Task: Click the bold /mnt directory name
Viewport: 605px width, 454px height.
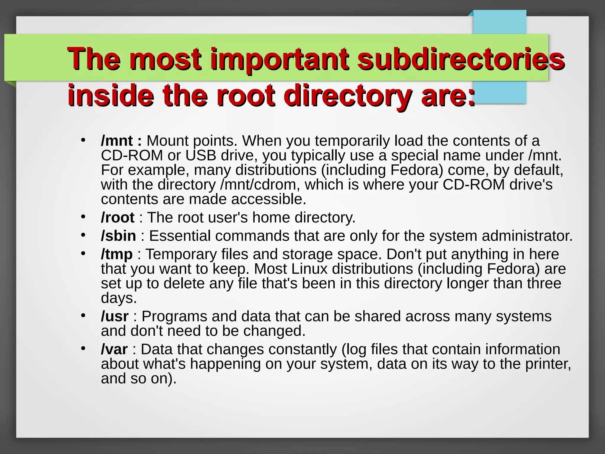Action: click(117, 141)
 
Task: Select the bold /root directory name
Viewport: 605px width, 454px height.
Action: click(118, 218)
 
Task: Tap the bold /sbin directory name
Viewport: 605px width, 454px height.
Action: click(118, 236)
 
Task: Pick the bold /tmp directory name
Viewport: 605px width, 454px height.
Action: click(117, 254)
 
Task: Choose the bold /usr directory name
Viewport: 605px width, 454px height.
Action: click(115, 317)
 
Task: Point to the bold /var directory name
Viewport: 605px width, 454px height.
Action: click(114, 349)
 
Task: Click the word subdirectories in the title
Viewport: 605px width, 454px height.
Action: click(461, 59)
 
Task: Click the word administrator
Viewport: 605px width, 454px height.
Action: click(527, 236)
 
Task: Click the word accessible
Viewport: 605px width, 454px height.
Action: click(269, 200)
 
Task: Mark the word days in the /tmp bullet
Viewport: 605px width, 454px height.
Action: click(119, 298)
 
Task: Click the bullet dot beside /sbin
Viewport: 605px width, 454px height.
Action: click(83, 235)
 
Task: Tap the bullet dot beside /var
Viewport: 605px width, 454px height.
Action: click(83, 349)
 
